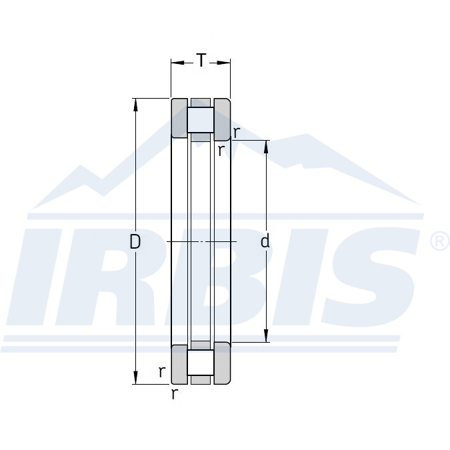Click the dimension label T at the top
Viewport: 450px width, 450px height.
tap(201, 60)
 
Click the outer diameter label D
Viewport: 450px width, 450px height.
tap(135, 241)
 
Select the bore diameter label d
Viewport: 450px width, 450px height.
tap(265, 241)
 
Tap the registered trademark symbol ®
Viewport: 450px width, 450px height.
tap(441, 241)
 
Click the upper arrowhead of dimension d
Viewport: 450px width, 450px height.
tap(266, 147)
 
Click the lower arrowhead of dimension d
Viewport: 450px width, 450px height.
tap(266, 335)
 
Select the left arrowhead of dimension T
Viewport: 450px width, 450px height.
tap(177, 63)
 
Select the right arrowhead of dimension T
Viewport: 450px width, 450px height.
tap(224, 63)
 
